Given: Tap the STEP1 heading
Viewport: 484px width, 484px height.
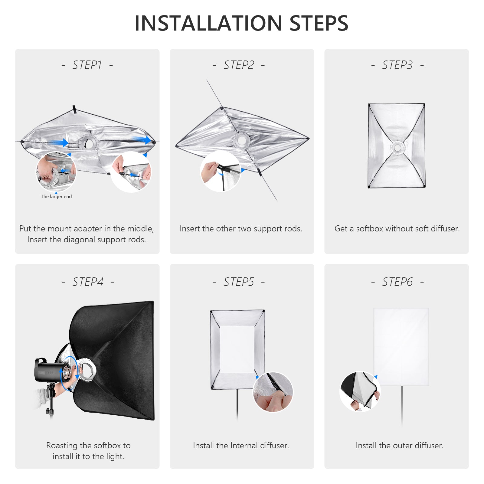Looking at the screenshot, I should click(87, 65).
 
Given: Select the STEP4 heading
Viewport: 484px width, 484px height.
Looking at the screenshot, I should click(88, 282).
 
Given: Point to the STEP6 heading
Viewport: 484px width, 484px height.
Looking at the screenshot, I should click(397, 282).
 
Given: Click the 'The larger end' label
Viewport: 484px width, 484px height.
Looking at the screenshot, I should click(56, 197).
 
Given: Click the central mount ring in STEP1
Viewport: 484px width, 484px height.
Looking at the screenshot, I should click(87, 142).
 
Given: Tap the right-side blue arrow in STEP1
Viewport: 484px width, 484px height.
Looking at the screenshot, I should click(142, 140).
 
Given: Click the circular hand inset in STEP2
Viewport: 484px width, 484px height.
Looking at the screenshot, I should click(221, 172).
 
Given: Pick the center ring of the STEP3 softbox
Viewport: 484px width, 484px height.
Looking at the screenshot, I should click(397, 148).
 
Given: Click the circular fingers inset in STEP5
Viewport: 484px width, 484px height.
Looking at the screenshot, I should click(273, 392).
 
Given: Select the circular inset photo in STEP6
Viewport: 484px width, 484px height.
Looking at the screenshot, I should click(360, 392).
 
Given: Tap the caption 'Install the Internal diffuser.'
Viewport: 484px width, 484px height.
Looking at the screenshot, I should click(241, 446).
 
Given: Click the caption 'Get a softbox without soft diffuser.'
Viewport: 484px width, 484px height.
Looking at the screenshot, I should click(397, 229).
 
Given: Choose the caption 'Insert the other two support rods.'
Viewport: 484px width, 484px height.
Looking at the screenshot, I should click(241, 229).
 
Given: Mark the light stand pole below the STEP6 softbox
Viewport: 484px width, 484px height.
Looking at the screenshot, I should click(402, 405).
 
